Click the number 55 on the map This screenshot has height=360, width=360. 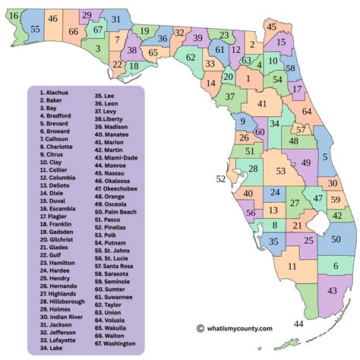(x=36, y=29)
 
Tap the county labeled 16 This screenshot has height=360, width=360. (x=14, y=15)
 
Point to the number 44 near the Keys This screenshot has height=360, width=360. (x=298, y=324)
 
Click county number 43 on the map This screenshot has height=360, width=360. (x=333, y=291)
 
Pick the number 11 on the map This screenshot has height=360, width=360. (x=292, y=266)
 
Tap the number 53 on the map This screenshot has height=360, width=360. (x=280, y=172)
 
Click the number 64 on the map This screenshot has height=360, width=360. (x=306, y=112)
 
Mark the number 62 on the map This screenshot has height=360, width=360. (x=191, y=57)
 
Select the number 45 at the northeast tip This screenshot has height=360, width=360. (x=272, y=27)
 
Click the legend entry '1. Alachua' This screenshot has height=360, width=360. (x=53, y=93)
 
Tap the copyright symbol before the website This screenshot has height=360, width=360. (x=201, y=328)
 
